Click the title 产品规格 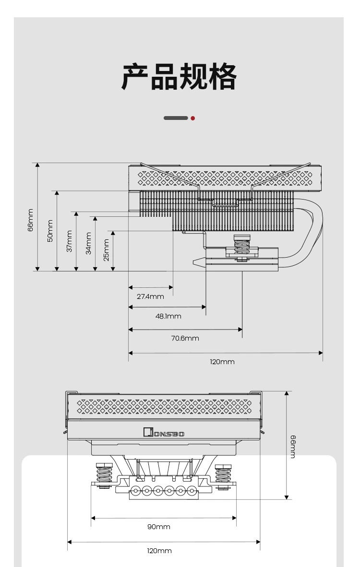179,76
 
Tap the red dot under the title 193,118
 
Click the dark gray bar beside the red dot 176,118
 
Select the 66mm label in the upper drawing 30,220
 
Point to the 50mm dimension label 50,231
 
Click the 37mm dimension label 69,241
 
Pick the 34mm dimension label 88,243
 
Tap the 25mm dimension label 106,250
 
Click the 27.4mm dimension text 150,296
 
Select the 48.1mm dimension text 168,317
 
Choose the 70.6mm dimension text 185,339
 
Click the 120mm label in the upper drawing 222,362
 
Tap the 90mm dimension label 159,527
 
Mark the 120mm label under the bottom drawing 159,551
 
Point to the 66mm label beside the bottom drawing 293,447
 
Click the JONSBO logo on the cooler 164,433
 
